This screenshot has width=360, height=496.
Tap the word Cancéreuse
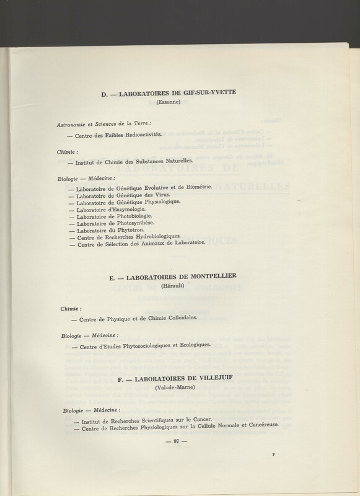tap(258, 425)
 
